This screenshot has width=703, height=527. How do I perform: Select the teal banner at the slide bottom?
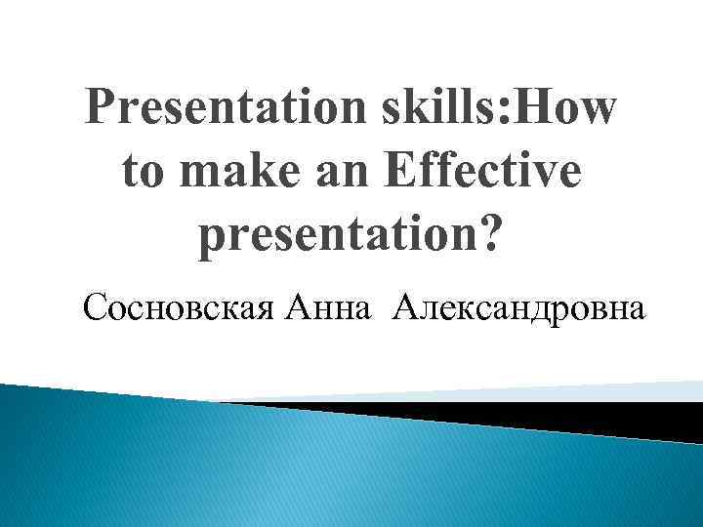pyautogui.click(x=293, y=468)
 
